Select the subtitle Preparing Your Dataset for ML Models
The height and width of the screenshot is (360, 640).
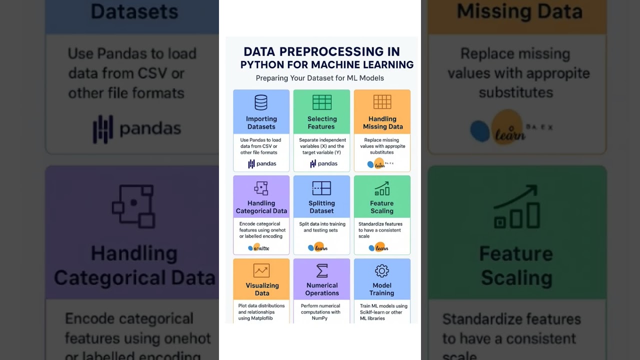320,78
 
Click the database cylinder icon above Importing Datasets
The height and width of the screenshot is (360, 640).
261,102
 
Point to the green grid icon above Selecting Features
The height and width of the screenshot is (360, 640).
322,102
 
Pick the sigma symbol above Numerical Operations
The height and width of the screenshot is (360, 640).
322,270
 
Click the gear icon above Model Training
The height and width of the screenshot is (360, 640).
382,271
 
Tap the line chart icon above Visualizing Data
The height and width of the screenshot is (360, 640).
261,270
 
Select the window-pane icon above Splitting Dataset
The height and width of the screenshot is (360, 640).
321,188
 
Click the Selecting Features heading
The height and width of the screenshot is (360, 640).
322,122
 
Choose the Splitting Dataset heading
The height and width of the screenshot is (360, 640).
321,207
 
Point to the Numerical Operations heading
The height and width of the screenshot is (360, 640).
322,289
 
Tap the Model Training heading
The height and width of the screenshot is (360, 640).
382,289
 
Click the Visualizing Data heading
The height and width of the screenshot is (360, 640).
262,289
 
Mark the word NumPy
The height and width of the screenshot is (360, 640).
319,318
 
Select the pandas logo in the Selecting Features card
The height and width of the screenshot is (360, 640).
323,163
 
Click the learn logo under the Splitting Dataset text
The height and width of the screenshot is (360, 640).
318,247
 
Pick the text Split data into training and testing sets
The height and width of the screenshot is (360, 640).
322,227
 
